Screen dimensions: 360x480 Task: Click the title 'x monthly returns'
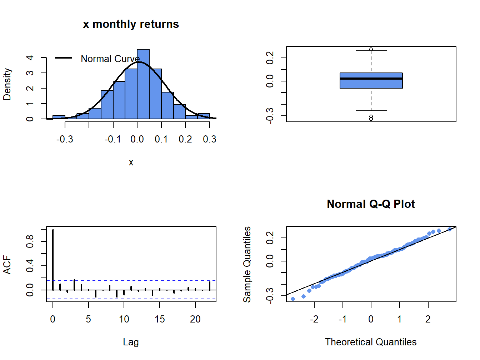131,24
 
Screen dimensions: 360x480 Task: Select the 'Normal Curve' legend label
110,59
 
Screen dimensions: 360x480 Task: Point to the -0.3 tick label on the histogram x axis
65,139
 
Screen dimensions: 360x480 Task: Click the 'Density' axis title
7,84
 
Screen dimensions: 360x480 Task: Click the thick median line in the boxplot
371,79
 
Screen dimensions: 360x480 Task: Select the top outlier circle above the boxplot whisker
371,49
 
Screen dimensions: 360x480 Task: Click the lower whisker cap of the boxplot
371,111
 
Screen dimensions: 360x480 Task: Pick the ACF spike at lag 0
53,260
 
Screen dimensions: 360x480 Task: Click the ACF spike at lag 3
74,285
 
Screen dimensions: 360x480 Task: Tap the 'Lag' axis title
131,342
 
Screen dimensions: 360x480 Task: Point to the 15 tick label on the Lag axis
160,319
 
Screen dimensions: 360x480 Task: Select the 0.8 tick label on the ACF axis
30,241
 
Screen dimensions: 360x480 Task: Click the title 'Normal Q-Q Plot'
371,204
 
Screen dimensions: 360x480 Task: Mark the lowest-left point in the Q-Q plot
293,299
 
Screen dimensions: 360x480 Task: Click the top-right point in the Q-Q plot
450,229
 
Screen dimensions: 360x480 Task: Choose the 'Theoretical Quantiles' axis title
371,342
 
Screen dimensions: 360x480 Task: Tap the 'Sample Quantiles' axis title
247,264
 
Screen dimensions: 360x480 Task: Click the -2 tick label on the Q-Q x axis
314,319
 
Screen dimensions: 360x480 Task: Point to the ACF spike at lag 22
210,286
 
